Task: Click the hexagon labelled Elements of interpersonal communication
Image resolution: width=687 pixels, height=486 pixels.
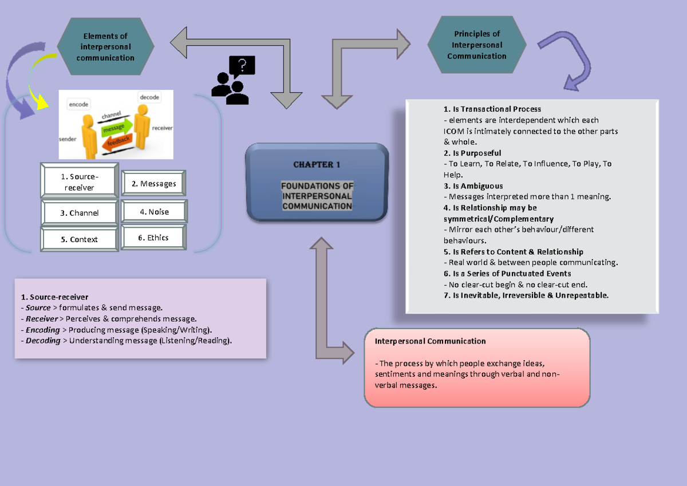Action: click(x=105, y=46)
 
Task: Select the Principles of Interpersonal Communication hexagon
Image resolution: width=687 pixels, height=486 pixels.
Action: click(x=477, y=45)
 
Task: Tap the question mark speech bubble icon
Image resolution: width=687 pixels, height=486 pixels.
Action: click(x=242, y=66)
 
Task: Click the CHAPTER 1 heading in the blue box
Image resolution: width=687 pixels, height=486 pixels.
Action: click(x=317, y=165)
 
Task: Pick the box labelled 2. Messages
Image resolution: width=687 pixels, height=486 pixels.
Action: click(x=153, y=184)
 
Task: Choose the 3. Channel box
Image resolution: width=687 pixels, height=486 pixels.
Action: click(x=80, y=213)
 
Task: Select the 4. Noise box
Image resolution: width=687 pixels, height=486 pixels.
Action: click(x=154, y=212)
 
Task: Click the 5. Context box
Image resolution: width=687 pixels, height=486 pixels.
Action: click(x=80, y=239)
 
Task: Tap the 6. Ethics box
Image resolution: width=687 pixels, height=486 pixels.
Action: click(x=153, y=238)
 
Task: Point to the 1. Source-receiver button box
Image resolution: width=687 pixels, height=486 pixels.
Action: click(x=80, y=182)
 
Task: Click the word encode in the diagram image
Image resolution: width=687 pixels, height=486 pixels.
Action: click(x=78, y=105)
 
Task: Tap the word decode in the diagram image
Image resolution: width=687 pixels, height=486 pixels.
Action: click(x=149, y=97)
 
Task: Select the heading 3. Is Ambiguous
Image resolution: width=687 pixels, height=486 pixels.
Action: click(x=473, y=186)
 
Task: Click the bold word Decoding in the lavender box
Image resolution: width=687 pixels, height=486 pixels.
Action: click(x=43, y=341)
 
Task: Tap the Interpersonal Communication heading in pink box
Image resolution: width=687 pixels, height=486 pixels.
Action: click(x=430, y=341)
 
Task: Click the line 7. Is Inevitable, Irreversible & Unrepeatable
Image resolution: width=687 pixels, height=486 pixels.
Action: click(x=526, y=295)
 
